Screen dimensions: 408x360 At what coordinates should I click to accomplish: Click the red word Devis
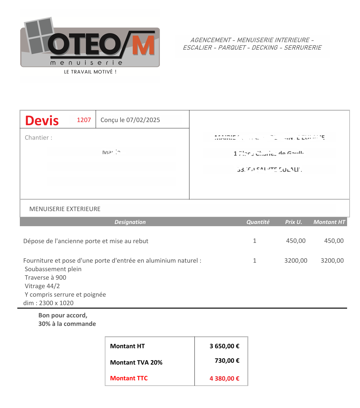click(x=42, y=121)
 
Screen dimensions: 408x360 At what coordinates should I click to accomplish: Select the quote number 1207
click(x=84, y=120)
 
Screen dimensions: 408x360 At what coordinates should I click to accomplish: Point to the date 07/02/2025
click(x=143, y=120)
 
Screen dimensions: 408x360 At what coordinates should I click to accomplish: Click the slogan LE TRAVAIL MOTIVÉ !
click(x=90, y=72)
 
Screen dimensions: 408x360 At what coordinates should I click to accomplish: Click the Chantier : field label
click(x=38, y=138)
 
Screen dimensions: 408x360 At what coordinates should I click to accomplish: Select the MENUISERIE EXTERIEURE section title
click(x=65, y=209)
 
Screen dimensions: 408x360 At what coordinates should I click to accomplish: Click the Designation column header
click(x=130, y=222)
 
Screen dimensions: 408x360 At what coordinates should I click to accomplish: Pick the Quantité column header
click(x=258, y=222)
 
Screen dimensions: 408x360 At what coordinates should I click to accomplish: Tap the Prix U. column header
click(x=293, y=222)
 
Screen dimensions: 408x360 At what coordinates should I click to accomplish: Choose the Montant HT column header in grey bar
click(x=329, y=222)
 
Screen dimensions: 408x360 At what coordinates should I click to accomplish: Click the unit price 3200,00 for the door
click(x=296, y=261)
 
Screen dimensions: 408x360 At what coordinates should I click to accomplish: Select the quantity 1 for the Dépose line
click(x=255, y=241)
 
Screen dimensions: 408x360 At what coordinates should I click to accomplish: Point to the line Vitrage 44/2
click(x=42, y=286)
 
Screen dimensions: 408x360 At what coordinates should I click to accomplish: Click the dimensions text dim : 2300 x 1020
click(x=48, y=303)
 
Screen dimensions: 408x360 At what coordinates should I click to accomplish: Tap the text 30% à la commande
click(x=67, y=324)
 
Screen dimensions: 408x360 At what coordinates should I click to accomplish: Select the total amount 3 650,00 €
click(x=224, y=346)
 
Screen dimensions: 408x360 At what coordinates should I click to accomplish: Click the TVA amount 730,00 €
click(x=227, y=361)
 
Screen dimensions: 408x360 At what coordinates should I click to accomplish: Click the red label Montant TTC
click(x=129, y=378)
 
